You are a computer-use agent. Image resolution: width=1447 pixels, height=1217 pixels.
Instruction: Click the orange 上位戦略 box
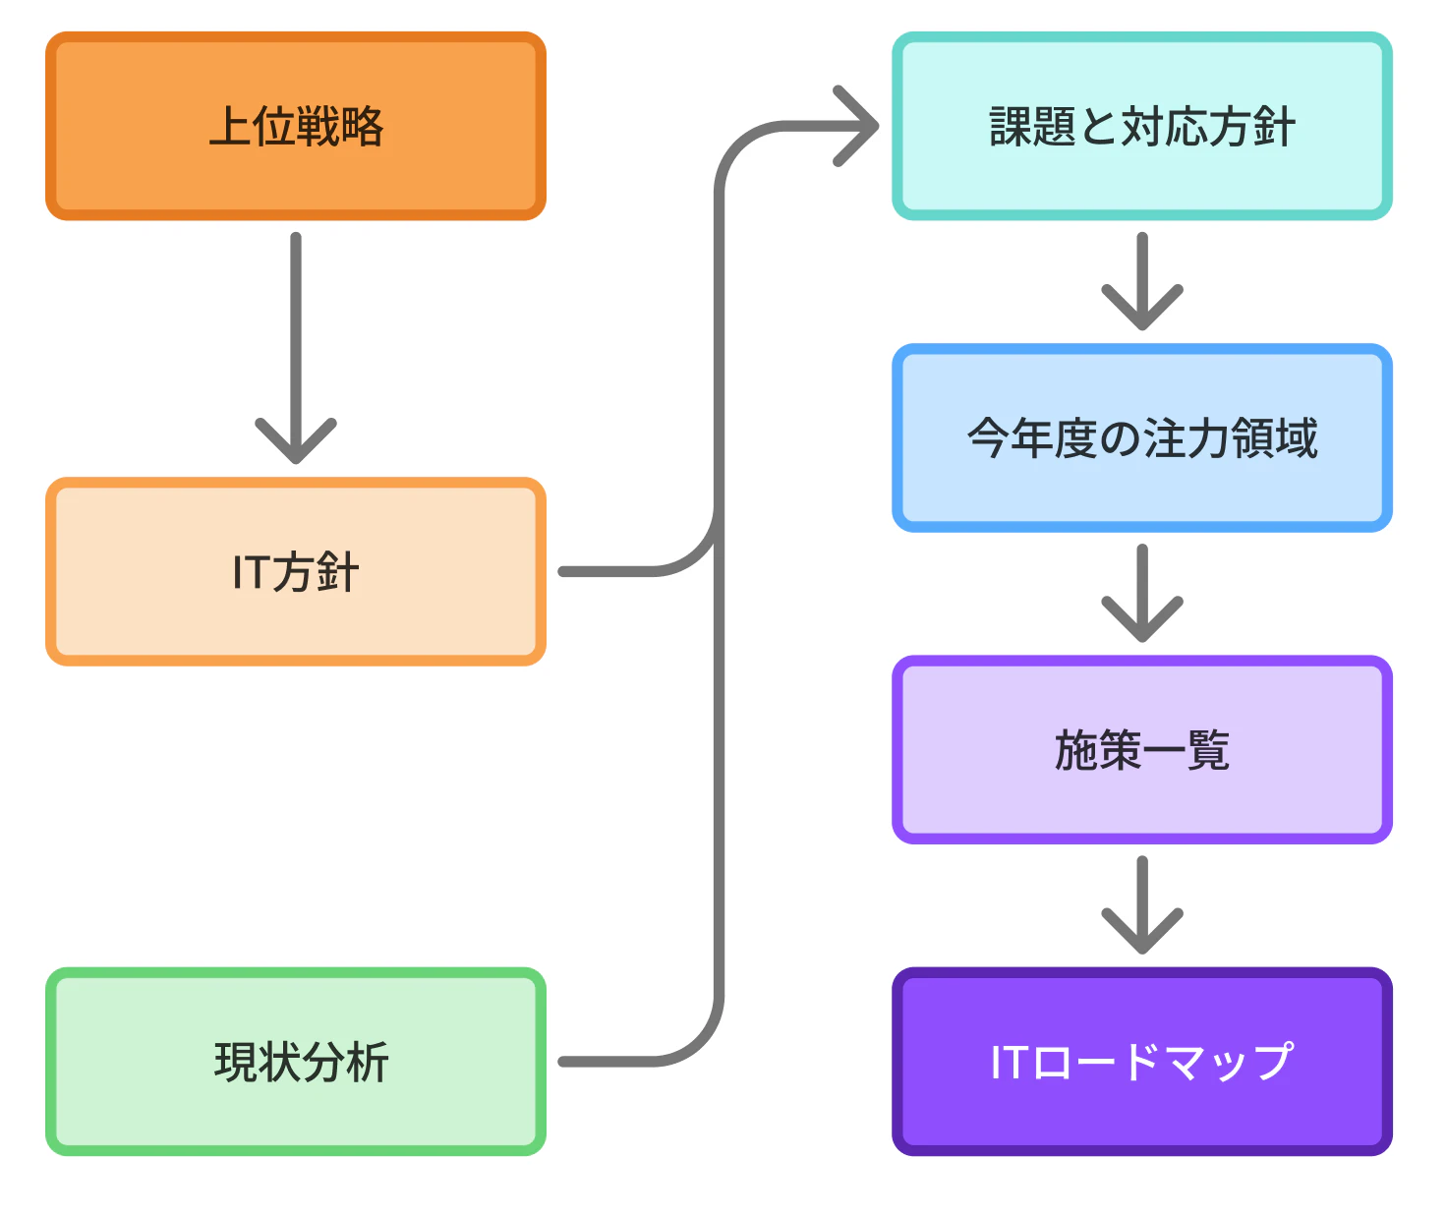click(x=295, y=126)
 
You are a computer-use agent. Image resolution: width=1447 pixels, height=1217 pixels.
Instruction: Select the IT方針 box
click(x=295, y=571)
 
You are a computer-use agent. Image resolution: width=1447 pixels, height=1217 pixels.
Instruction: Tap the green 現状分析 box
click(x=295, y=1062)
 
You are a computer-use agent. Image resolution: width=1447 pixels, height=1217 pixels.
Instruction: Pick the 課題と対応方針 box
click(x=1141, y=126)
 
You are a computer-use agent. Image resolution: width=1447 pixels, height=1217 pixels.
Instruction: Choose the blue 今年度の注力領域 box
click(x=1141, y=437)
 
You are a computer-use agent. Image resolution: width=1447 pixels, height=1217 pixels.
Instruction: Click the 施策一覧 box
click(x=1141, y=750)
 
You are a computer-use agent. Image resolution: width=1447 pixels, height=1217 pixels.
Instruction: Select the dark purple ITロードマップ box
click(x=1141, y=1062)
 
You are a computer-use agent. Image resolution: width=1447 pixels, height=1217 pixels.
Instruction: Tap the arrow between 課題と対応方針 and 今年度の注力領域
click(x=1141, y=280)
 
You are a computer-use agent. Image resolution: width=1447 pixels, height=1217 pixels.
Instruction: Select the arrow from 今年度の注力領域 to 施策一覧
click(x=1141, y=592)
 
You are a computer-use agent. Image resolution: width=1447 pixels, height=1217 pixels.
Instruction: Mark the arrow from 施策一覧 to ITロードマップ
click(x=1141, y=903)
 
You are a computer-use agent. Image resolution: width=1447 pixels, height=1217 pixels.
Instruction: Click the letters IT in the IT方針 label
click(x=250, y=572)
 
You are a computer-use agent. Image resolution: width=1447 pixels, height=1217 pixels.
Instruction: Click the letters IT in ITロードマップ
click(x=1010, y=1063)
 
